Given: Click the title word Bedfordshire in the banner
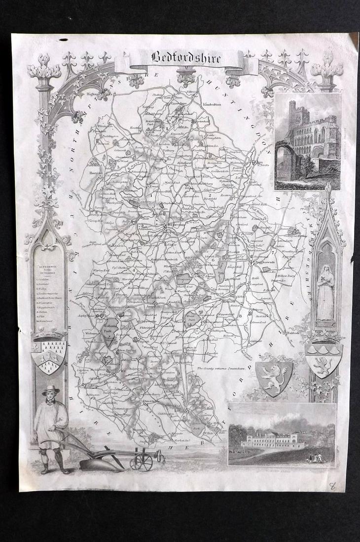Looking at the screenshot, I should point(180,58).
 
